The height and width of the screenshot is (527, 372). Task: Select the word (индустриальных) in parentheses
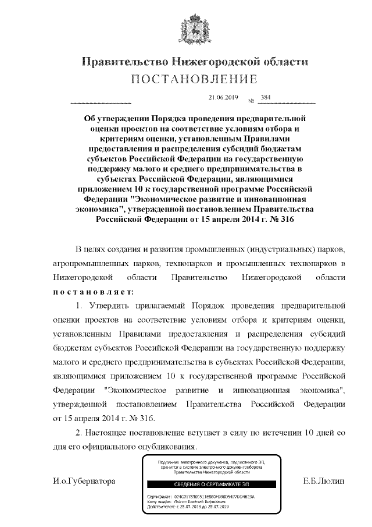281,249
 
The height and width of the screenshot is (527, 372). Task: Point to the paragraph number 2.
80,433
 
